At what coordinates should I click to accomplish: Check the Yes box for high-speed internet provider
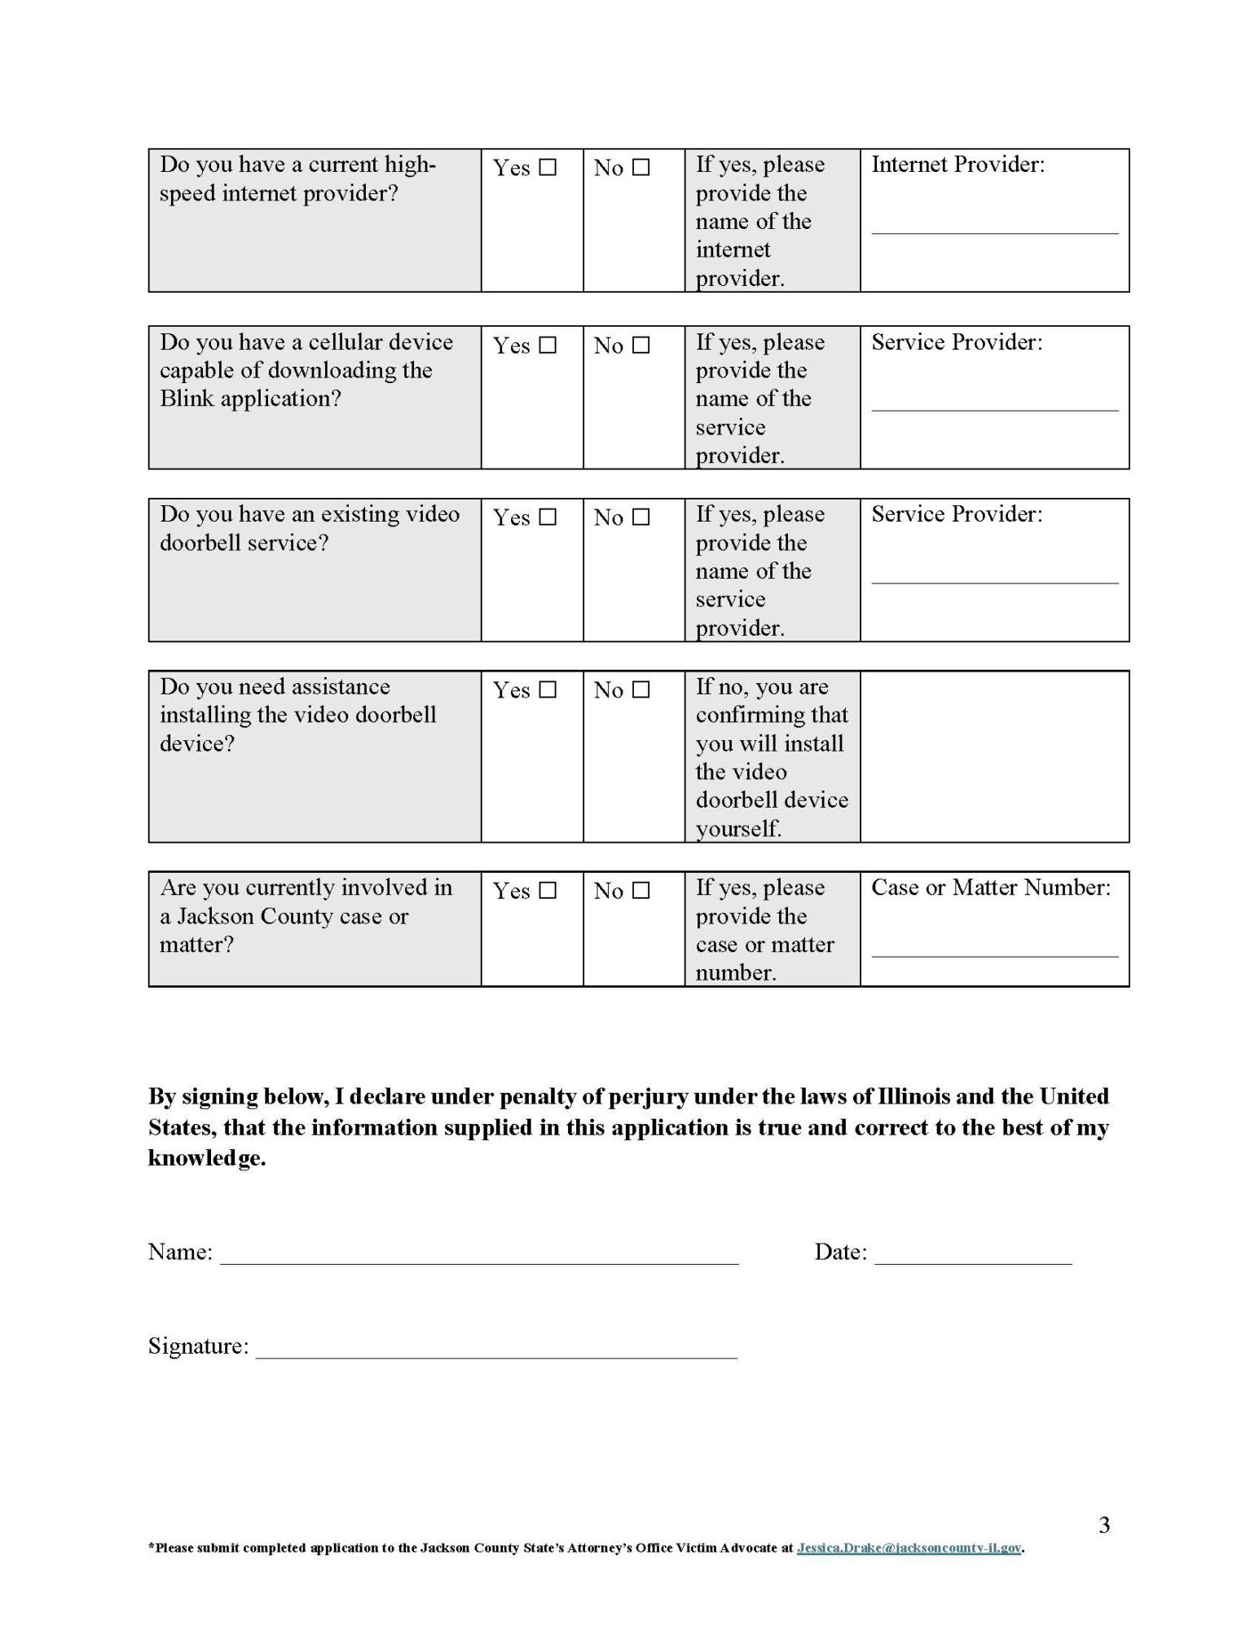(x=548, y=168)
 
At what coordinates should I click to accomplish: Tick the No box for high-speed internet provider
(x=641, y=168)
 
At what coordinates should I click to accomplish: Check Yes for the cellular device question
(x=548, y=346)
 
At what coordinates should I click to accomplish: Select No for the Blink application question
(x=641, y=346)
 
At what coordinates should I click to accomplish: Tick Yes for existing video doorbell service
(x=548, y=518)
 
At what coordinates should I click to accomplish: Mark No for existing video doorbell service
(x=641, y=518)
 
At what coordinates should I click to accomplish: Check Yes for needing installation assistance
(x=548, y=690)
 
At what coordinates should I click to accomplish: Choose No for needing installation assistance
(x=641, y=690)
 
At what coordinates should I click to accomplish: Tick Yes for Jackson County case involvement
(x=548, y=891)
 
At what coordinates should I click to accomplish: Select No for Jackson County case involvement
(x=641, y=891)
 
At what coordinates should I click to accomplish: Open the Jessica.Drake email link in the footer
(x=909, y=1548)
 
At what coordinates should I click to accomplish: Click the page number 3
(x=1104, y=1525)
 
